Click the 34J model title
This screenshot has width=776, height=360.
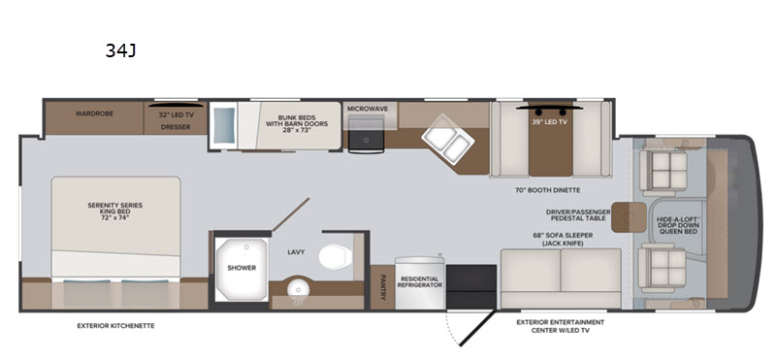(x=120, y=50)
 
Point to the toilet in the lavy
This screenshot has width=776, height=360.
(x=335, y=256)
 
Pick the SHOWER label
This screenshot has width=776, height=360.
(x=242, y=268)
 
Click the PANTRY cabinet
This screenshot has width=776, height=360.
(x=382, y=287)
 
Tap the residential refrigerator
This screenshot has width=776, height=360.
(x=420, y=283)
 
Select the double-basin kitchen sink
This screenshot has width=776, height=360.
(x=448, y=138)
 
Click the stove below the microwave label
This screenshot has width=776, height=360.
(x=367, y=134)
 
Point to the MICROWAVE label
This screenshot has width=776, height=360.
(x=368, y=109)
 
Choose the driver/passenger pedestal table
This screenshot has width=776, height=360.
(x=629, y=217)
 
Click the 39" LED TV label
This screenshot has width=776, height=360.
(x=549, y=122)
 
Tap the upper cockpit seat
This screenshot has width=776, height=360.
(x=663, y=171)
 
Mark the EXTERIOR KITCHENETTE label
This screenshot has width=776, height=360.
(x=115, y=326)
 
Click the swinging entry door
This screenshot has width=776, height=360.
(x=476, y=328)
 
